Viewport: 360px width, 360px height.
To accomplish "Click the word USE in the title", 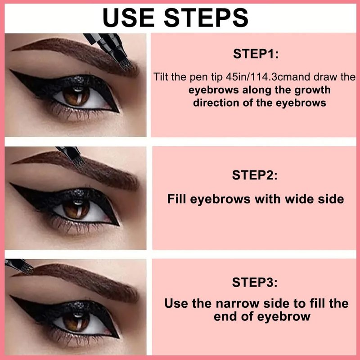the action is (x=128, y=18).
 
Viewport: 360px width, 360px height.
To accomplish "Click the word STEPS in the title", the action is (x=206, y=18).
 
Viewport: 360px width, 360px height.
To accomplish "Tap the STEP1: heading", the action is (x=256, y=54).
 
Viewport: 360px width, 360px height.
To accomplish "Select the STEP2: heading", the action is (x=255, y=175).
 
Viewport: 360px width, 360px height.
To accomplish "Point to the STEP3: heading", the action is (x=255, y=282).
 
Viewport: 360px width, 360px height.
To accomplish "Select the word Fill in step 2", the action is (x=177, y=199).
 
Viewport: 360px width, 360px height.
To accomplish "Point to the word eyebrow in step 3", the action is (x=283, y=317).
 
